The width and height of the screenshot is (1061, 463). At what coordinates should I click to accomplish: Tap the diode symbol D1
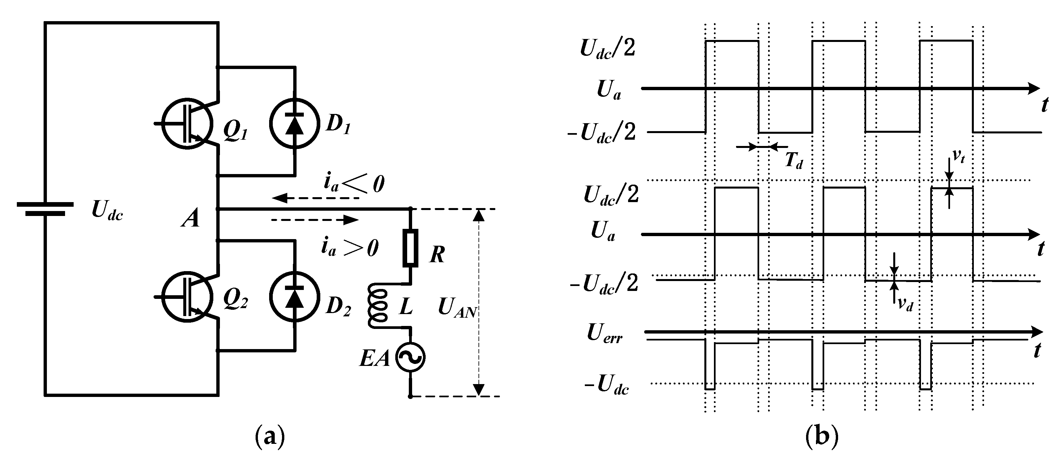pos(294,123)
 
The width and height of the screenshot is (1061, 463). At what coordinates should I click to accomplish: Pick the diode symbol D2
pos(294,296)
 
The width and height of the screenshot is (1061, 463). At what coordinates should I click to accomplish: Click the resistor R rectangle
pos(410,248)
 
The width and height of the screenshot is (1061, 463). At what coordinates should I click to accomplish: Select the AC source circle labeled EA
pos(410,357)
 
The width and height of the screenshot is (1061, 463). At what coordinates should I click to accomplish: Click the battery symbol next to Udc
pos(45,209)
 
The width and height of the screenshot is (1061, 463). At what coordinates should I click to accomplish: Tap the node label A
pos(191,219)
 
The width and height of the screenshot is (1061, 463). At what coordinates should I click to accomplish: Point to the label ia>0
pos(349,248)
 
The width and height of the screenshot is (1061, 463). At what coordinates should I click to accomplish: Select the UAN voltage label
pos(456,307)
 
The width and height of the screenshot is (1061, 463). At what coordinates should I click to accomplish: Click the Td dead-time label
pos(793,160)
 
